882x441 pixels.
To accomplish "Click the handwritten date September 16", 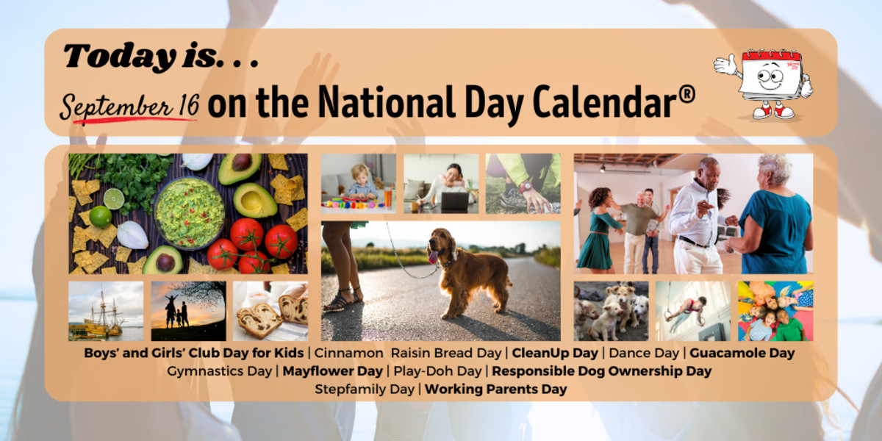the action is pyautogui.click(x=129, y=107).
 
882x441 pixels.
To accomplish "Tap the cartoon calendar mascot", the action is pyautogui.click(x=764, y=85).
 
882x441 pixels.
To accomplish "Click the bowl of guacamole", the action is pyautogui.click(x=190, y=213).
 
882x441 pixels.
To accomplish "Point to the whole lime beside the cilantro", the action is pyautogui.click(x=101, y=217).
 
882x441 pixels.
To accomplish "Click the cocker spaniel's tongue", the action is pyautogui.click(x=433, y=257).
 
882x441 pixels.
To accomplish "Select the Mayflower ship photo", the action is pyautogui.click(x=106, y=311).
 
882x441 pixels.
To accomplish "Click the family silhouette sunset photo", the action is pyautogui.click(x=189, y=311).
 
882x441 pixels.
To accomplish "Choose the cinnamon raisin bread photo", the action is pyautogui.click(x=270, y=311).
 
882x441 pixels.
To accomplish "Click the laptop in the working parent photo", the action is pyautogui.click(x=455, y=201).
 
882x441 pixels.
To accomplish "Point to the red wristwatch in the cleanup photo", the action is pyautogui.click(x=526, y=187).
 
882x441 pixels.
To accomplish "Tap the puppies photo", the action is pyautogui.click(x=611, y=311).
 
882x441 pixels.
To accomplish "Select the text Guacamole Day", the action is pyautogui.click(x=742, y=353).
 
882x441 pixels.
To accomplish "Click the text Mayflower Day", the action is pyautogui.click(x=333, y=371).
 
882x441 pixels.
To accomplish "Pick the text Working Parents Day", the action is pyautogui.click(x=495, y=389).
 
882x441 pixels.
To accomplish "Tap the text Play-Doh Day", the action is pyautogui.click(x=437, y=371).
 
